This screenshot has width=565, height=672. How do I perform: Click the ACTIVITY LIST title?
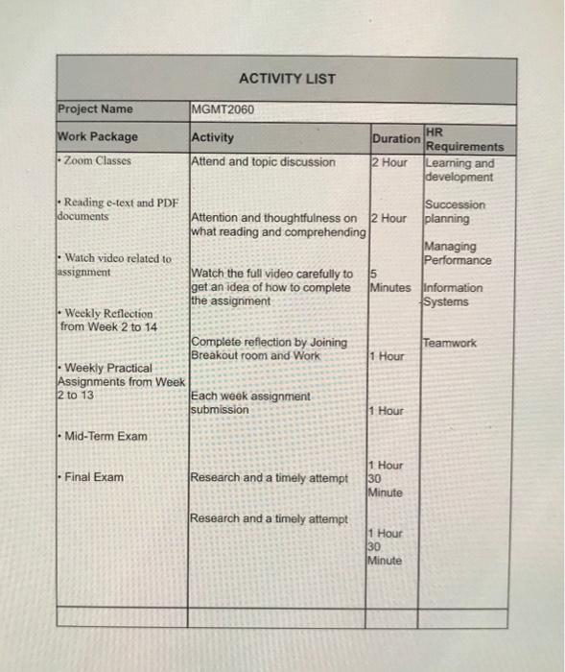coord(287,79)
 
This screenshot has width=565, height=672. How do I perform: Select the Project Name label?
coord(96,108)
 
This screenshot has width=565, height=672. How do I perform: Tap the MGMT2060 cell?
coord(224,109)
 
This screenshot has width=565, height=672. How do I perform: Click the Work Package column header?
coord(98,136)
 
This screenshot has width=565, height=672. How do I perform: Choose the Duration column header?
coord(395,138)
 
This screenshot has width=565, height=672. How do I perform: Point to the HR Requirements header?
coord(463,139)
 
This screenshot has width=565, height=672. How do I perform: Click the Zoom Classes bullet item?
coord(96,160)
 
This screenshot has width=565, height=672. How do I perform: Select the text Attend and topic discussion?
coord(264,162)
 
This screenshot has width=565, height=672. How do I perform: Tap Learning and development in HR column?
coord(459,170)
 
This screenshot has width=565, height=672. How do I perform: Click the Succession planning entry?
coord(456,211)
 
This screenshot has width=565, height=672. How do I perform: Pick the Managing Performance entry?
coord(458,253)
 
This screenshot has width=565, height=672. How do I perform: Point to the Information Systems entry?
coord(454,295)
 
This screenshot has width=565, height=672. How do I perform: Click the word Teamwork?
coord(450,343)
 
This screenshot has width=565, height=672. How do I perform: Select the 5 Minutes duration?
coord(389,280)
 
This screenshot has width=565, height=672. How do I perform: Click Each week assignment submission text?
coord(251,403)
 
